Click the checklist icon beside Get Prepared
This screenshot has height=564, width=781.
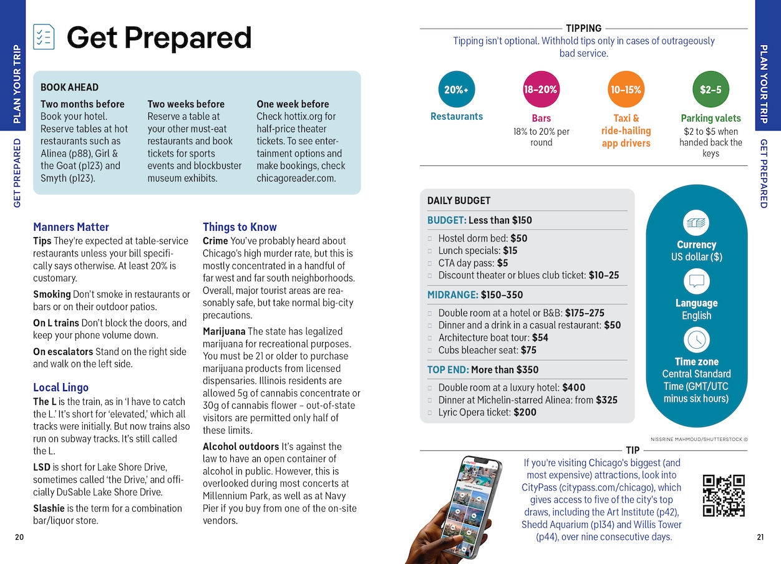point(44,37)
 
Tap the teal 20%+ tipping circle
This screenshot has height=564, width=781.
point(456,89)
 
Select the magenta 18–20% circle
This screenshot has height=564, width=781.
point(540,89)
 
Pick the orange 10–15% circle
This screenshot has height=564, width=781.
point(626,89)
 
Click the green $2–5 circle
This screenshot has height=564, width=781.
point(711,89)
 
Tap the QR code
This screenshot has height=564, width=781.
point(724,495)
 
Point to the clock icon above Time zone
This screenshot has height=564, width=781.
point(696,340)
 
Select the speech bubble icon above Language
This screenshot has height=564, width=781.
point(696,281)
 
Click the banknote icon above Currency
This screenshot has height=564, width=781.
point(696,223)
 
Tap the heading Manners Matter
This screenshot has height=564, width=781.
point(71,227)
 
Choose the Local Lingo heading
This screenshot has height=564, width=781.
point(61,387)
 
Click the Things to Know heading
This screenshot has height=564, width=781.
point(240,227)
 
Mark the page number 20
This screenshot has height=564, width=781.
point(19,537)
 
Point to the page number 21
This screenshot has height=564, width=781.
point(760,537)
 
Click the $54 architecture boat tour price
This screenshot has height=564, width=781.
point(540,338)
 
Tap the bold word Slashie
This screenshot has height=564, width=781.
point(49,508)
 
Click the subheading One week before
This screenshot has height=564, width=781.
point(293,104)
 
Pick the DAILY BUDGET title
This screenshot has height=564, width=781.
point(458,201)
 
